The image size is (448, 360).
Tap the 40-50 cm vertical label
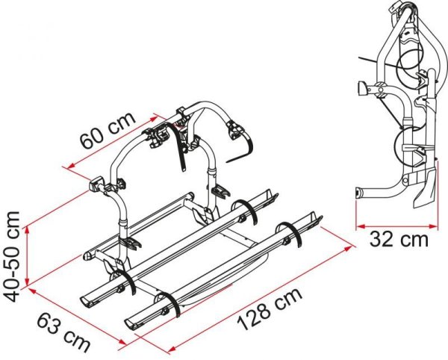click(12, 257)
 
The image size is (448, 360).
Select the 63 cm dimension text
click(63, 332)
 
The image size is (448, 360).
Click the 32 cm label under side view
click(399, 240)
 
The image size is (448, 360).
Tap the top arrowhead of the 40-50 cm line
click(27, 230)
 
